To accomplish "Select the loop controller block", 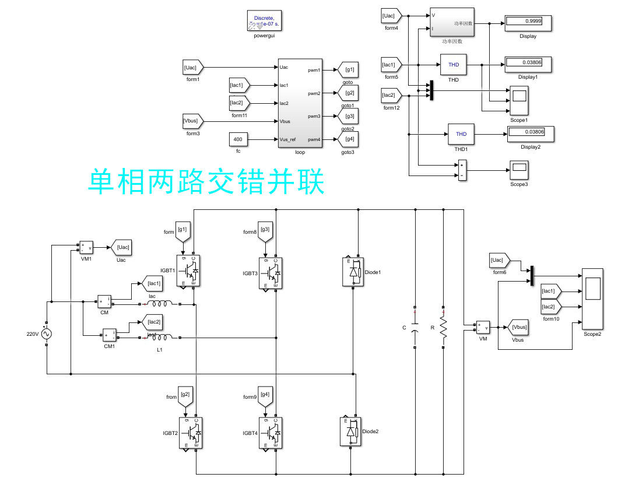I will tap(300, 103).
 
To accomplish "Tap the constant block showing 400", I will tap(238, 140).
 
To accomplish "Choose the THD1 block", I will tap(461, 134).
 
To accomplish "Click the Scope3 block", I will tap(519, 170).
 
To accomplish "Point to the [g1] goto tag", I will tap(349, 70).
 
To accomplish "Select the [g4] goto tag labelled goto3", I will tap(349, 139).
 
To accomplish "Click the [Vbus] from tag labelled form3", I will tap(193, 121).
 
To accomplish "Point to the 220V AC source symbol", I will tap(46, 334).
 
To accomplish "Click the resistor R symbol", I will tap(443, 328).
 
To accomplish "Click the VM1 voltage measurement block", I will tap(87, 247).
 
